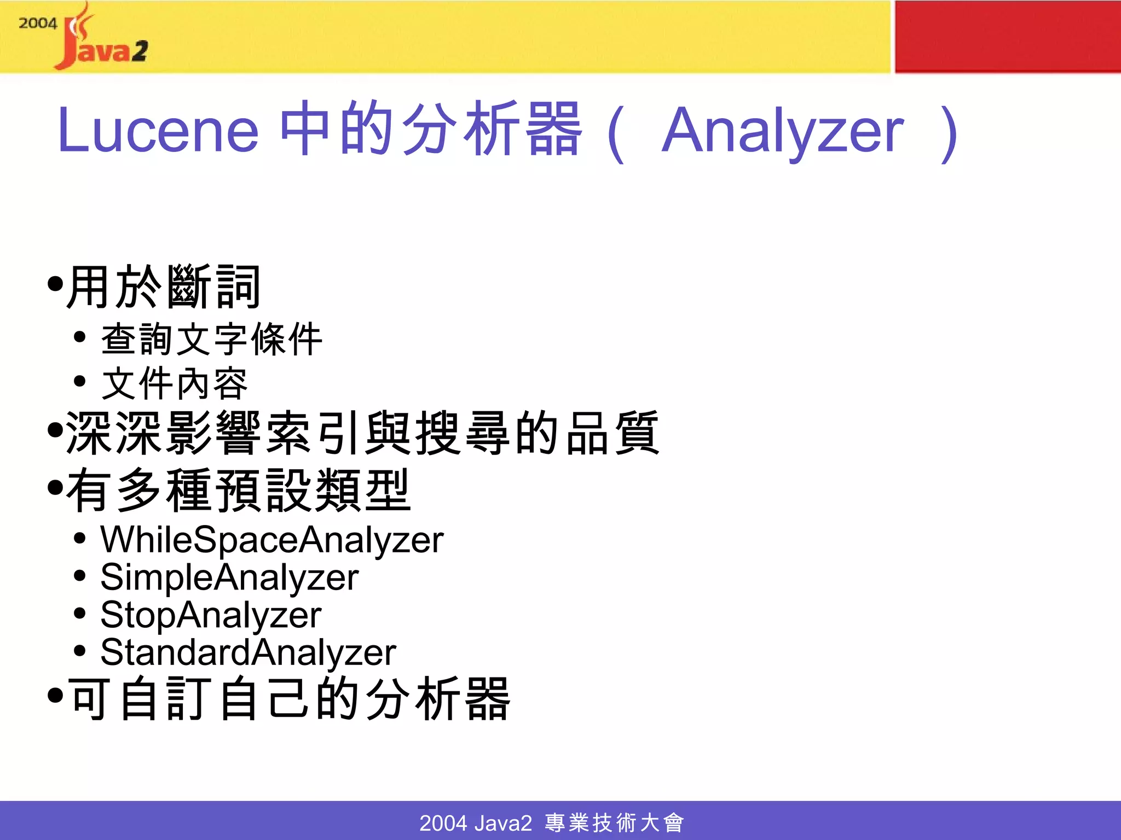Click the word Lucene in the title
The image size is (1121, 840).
pos(158,130)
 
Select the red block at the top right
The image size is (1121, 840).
pos(1007,36)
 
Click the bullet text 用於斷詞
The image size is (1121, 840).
pos(163,287)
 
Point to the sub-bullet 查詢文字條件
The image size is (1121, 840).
pos(212,339)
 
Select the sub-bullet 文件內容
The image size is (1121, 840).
pos(175,383)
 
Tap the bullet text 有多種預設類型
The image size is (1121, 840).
pos(238,490)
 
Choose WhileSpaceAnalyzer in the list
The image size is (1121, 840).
pos(271,540)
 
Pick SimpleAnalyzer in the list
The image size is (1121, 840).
pos(229,577)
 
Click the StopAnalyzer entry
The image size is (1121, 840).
pos(211,615)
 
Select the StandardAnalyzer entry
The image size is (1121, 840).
pos(248,652)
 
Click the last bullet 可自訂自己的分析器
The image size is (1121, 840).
pos(289,698)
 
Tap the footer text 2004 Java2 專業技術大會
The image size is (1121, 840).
pos(551,822)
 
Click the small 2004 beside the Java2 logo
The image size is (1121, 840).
pos(37,23)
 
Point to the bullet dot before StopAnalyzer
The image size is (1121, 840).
pos(80,614)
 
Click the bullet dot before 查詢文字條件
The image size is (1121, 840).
pos(80,337)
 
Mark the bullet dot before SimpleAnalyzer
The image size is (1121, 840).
pos(80,576)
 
